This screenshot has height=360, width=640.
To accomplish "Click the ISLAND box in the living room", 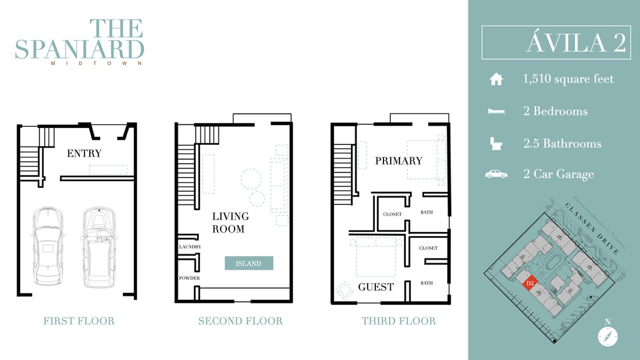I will coord(249,264).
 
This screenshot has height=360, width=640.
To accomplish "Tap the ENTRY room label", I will coord(84,153).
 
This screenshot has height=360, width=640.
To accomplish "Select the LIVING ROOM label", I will coord(230,222).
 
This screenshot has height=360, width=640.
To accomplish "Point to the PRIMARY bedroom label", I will coord(398,161).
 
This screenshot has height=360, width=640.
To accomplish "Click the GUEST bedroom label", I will coord(376,287).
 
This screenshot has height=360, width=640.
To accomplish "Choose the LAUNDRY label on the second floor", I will coord(190,247).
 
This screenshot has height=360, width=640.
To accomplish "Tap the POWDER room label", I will coord(189,278).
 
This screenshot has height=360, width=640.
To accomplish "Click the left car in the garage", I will coord(47,246).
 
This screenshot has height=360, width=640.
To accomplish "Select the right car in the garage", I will coord(99,247).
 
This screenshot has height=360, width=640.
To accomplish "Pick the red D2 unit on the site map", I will coord(529,283).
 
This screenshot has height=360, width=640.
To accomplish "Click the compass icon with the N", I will coord(607,336).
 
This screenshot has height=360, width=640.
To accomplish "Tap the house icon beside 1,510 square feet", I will coord(496,79).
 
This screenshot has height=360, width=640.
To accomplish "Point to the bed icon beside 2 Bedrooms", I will coord(496,111).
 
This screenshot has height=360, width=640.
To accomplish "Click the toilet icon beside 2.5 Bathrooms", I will coord(495,143).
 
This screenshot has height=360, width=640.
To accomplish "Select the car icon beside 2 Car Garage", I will coord(496,174).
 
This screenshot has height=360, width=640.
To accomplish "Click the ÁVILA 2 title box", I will coord(556,43).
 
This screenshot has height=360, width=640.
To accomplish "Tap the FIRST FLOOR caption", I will coord(79,321).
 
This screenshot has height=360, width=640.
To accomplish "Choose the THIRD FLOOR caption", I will coord(398,321).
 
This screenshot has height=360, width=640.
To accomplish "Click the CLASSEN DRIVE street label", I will coord(591,228).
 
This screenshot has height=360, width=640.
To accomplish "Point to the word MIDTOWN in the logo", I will coord(96,63).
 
